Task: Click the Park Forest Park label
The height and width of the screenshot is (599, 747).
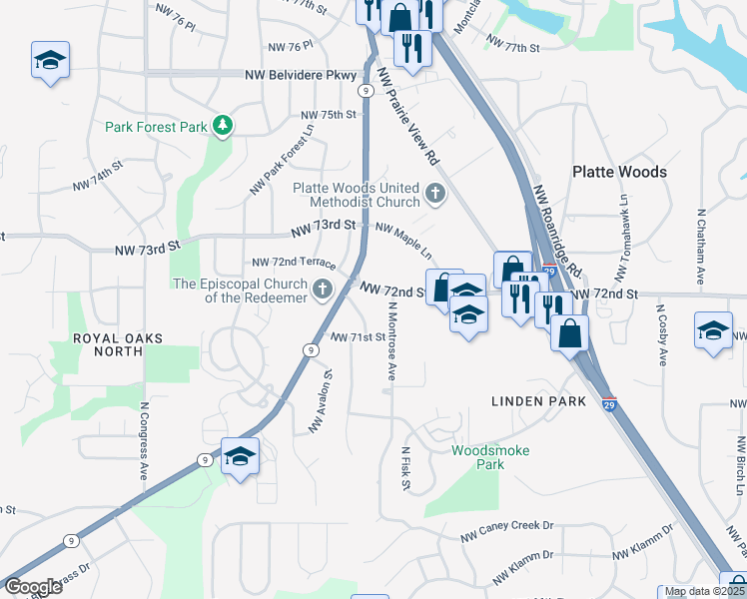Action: pyautogui.click(x=156, y=127)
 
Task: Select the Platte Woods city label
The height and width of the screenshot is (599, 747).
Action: pyautogui.click(x=619, y=172)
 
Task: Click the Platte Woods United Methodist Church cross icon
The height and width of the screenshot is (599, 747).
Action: pyautogui.click(x=434, y=194)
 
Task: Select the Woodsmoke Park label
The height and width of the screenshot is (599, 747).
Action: pyautogui.click(x=490, y=457)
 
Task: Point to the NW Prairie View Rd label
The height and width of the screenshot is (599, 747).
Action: pyautogui.click(x=408, y=117)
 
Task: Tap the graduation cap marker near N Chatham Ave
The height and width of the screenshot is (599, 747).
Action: pyautogui.click(x=714, y=330)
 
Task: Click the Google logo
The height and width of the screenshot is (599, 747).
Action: pyautogui.click(x=33, y=587)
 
